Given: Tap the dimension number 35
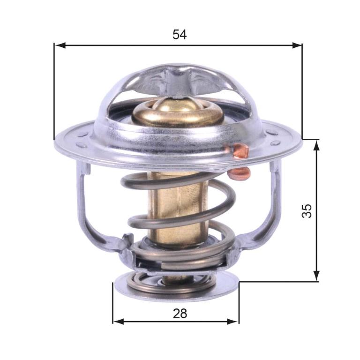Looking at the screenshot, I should (307, 210).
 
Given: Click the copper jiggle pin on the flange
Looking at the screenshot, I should (240, 151).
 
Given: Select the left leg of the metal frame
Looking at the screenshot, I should (87, 206).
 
